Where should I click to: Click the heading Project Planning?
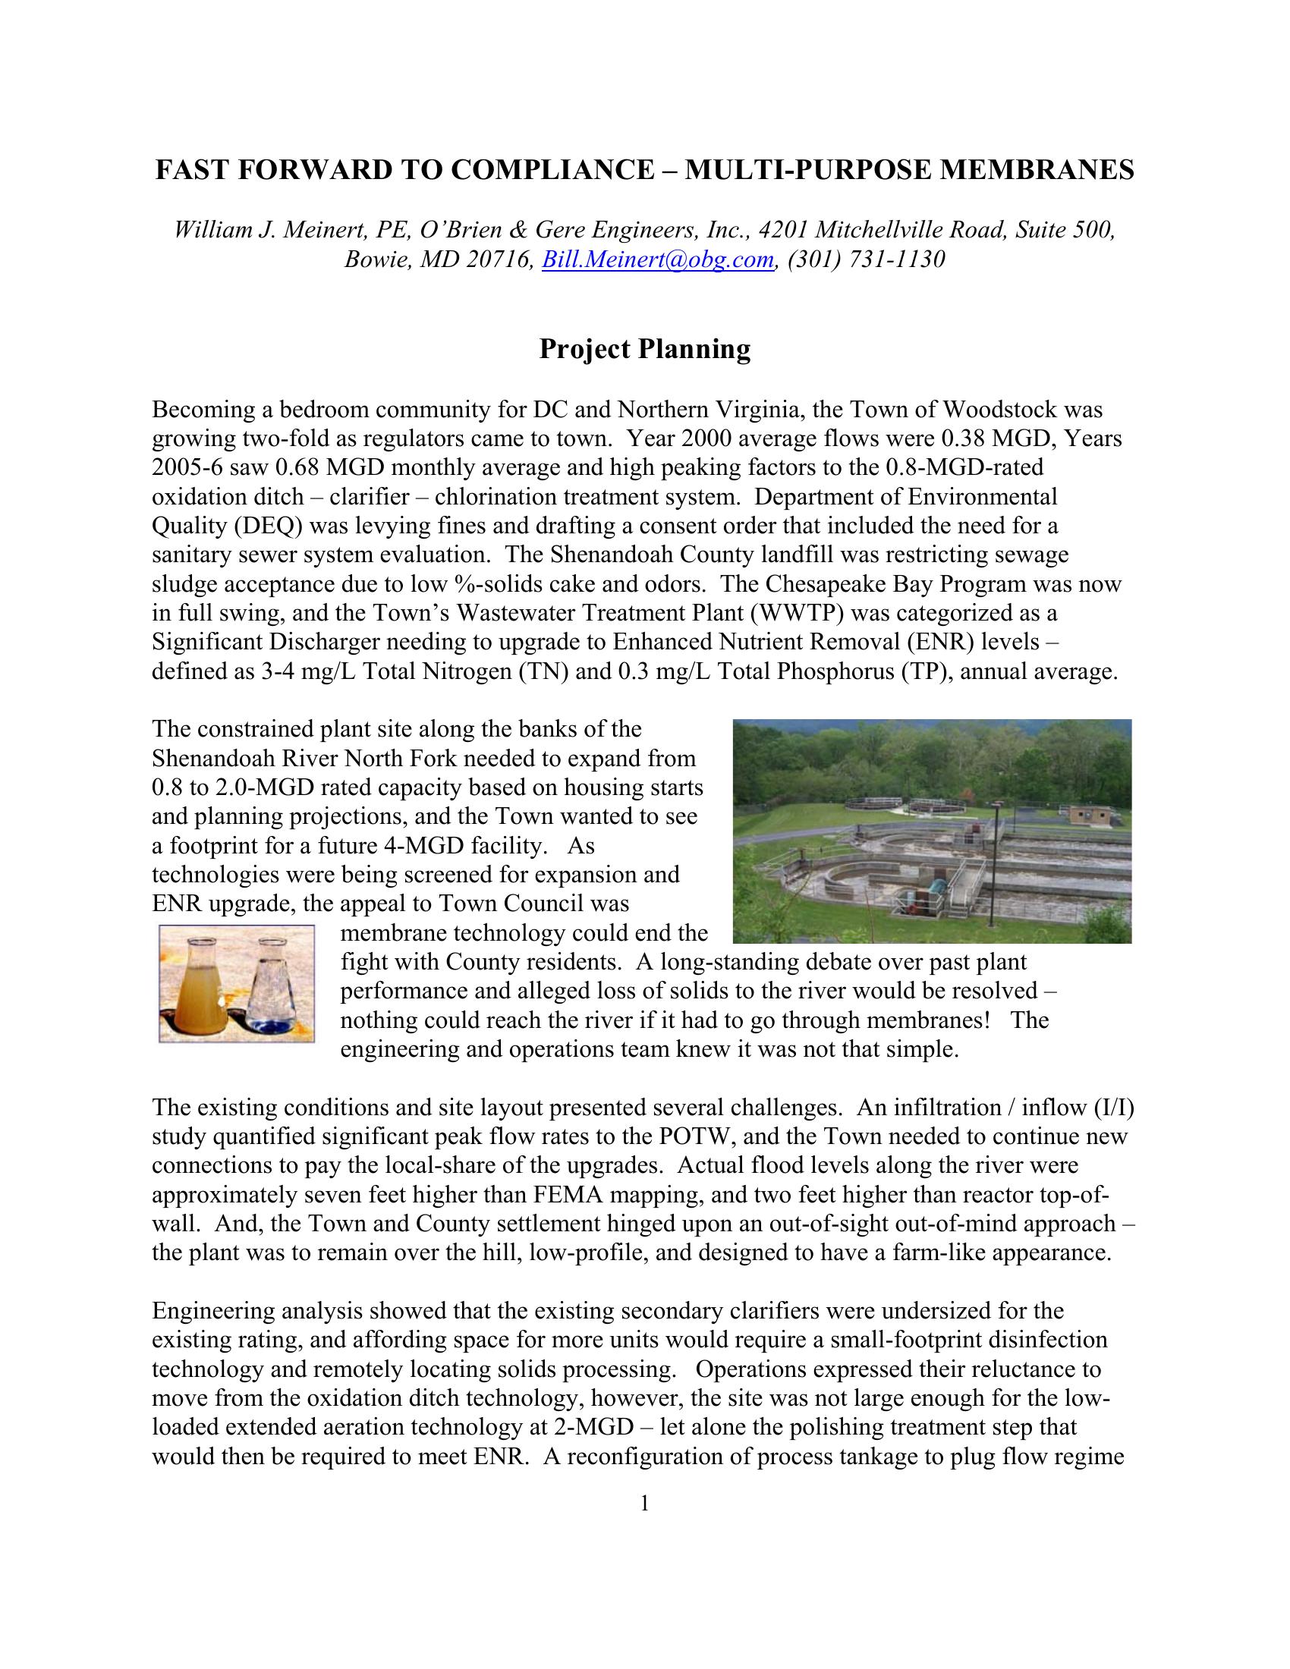click(644, 349)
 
